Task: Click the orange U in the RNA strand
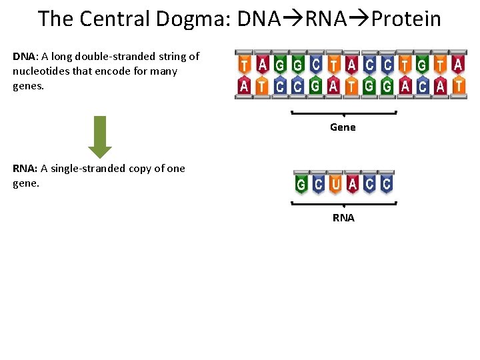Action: coord(335,183)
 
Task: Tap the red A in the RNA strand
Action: coord(353,183)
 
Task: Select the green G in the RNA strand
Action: coord(301,183)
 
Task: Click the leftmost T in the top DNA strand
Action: coord(245,65)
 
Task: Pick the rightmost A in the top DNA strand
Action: coord(458,65)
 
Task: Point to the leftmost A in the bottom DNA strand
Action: coord(245,85)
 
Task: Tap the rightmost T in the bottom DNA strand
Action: coord(458,85)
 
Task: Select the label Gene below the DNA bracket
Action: coord(343,127)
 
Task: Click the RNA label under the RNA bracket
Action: coord(343,218)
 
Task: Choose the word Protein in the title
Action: coord(406,19)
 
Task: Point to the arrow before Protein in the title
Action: coord(359,19)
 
